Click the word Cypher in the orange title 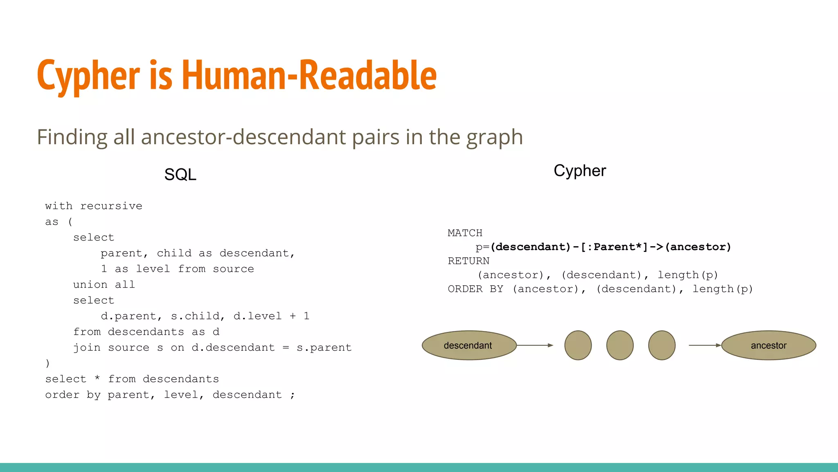(x=88, y=76)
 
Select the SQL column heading (x=180, y=175)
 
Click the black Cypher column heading (x=579, y=171)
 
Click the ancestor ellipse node (x=768, y=345)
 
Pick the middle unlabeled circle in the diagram (x=620, y=345)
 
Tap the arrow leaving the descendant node (x=535, y=345)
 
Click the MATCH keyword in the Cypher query (x=465, y=233)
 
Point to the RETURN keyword (x=469, y=261)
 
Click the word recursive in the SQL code (x=111, y=206)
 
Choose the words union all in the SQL (x=104, y=285)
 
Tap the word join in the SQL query (x=87, y=348)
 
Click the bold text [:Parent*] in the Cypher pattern (x=614, y=247)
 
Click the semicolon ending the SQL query (x=293, y=395)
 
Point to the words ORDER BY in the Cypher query (x=475, y=289)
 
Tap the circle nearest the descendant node (x=578, y=345)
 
